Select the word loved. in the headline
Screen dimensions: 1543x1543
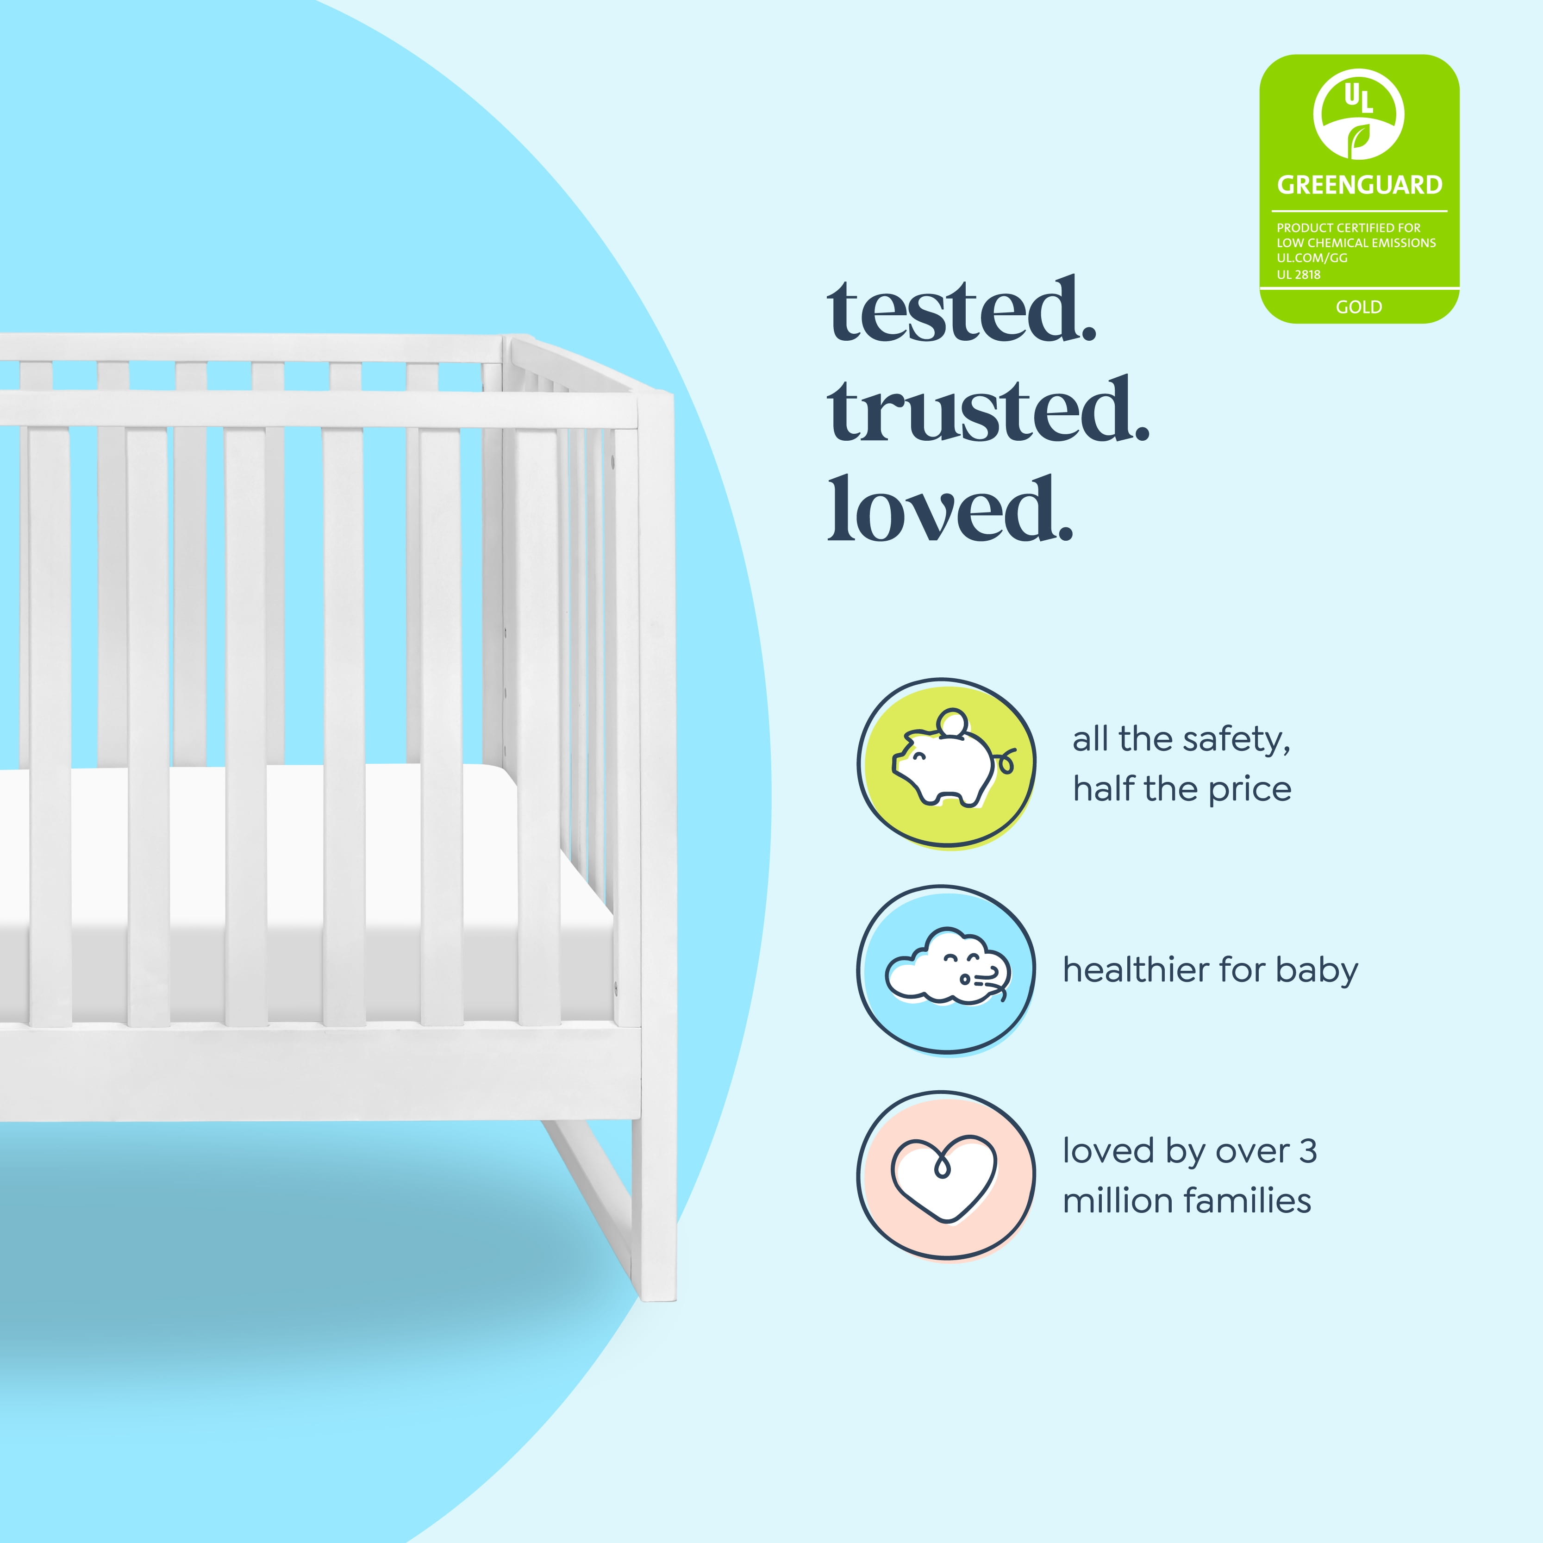(x=950, y=510)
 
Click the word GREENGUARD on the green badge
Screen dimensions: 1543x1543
(x=1359, y=185)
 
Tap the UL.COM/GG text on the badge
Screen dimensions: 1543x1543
(x=1312, y=258)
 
